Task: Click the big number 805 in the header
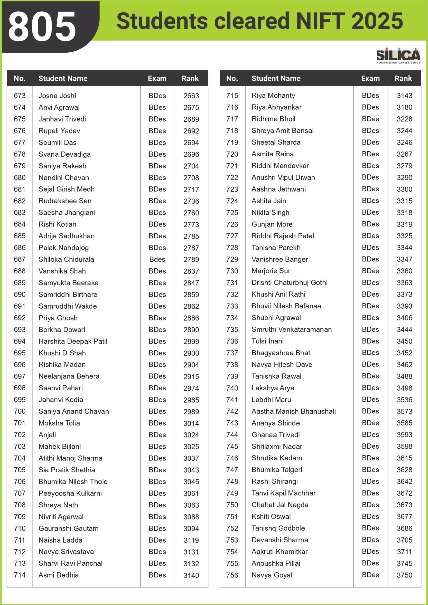tap(42, 26)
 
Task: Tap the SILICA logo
tap(398, 55)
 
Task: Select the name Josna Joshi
tap(57, 96)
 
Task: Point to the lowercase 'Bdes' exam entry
tap(157, 259)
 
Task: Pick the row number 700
tap(20, 411)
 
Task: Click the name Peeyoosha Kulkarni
tap(70, 493)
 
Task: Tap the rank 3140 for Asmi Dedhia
tap(191, 575)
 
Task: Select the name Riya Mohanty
tap(273, 95)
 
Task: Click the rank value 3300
tap(404, 189)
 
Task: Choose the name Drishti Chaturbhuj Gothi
tap(289, 282)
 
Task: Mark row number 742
tap(232, 411)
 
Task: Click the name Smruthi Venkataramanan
tap(292, 329)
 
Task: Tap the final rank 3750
tap(404, 575)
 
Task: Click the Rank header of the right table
tap(403, 78)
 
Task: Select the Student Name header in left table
tap(63, 78)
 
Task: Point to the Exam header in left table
tap(157, 78)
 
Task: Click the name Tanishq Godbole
tap(278, 528)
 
